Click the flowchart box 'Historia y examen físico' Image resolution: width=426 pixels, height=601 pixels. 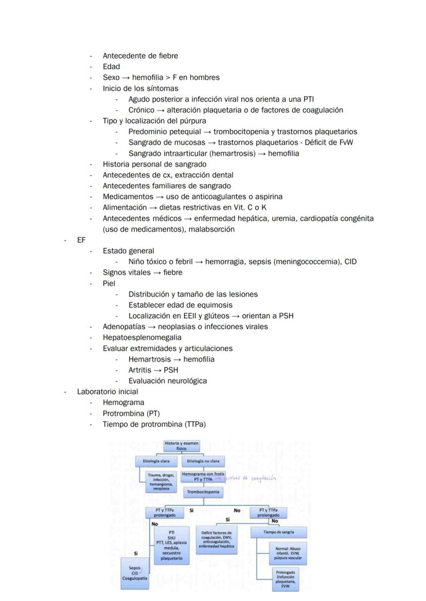[x=181, y=446]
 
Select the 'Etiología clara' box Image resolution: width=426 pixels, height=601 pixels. [x=156, y=461]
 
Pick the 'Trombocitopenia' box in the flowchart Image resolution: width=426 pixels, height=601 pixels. [x=203, y=491]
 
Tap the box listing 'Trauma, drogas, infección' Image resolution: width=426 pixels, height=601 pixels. [x=161, y=482]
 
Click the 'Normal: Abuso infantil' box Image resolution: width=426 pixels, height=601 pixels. [x=289, y=553]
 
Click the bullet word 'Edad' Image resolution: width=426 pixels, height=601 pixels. [x=111, y=67]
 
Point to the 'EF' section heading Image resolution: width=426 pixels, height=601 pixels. [x=81, y=240]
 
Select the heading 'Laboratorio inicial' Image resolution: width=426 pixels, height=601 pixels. [x=100, y=392]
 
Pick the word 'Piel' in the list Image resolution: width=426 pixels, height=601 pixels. [x=109, y=283]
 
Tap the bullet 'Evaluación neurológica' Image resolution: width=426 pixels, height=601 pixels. [x=168, y=381]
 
